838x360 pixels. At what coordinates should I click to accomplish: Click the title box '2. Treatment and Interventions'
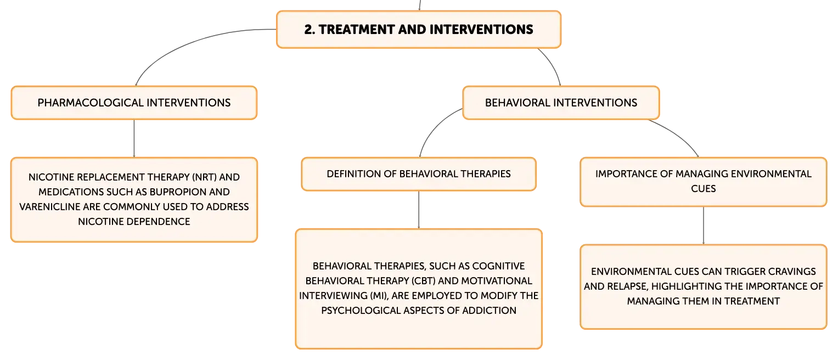click(419, 30)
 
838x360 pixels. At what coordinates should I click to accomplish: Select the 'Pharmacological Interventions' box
click(134, 103)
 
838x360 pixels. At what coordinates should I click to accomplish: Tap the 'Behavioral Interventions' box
click(561, 103)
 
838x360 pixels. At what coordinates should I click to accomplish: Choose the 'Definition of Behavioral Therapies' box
click(419, 174)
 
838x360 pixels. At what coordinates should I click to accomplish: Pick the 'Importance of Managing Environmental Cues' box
click(704, 182)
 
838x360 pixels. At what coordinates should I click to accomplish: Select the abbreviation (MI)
click(379, 296)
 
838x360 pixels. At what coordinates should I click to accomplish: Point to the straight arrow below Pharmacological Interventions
click(134, 138)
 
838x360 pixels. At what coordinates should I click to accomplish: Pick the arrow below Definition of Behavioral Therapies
click(419, 210)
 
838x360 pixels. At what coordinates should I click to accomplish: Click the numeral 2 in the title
click(308, 30)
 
